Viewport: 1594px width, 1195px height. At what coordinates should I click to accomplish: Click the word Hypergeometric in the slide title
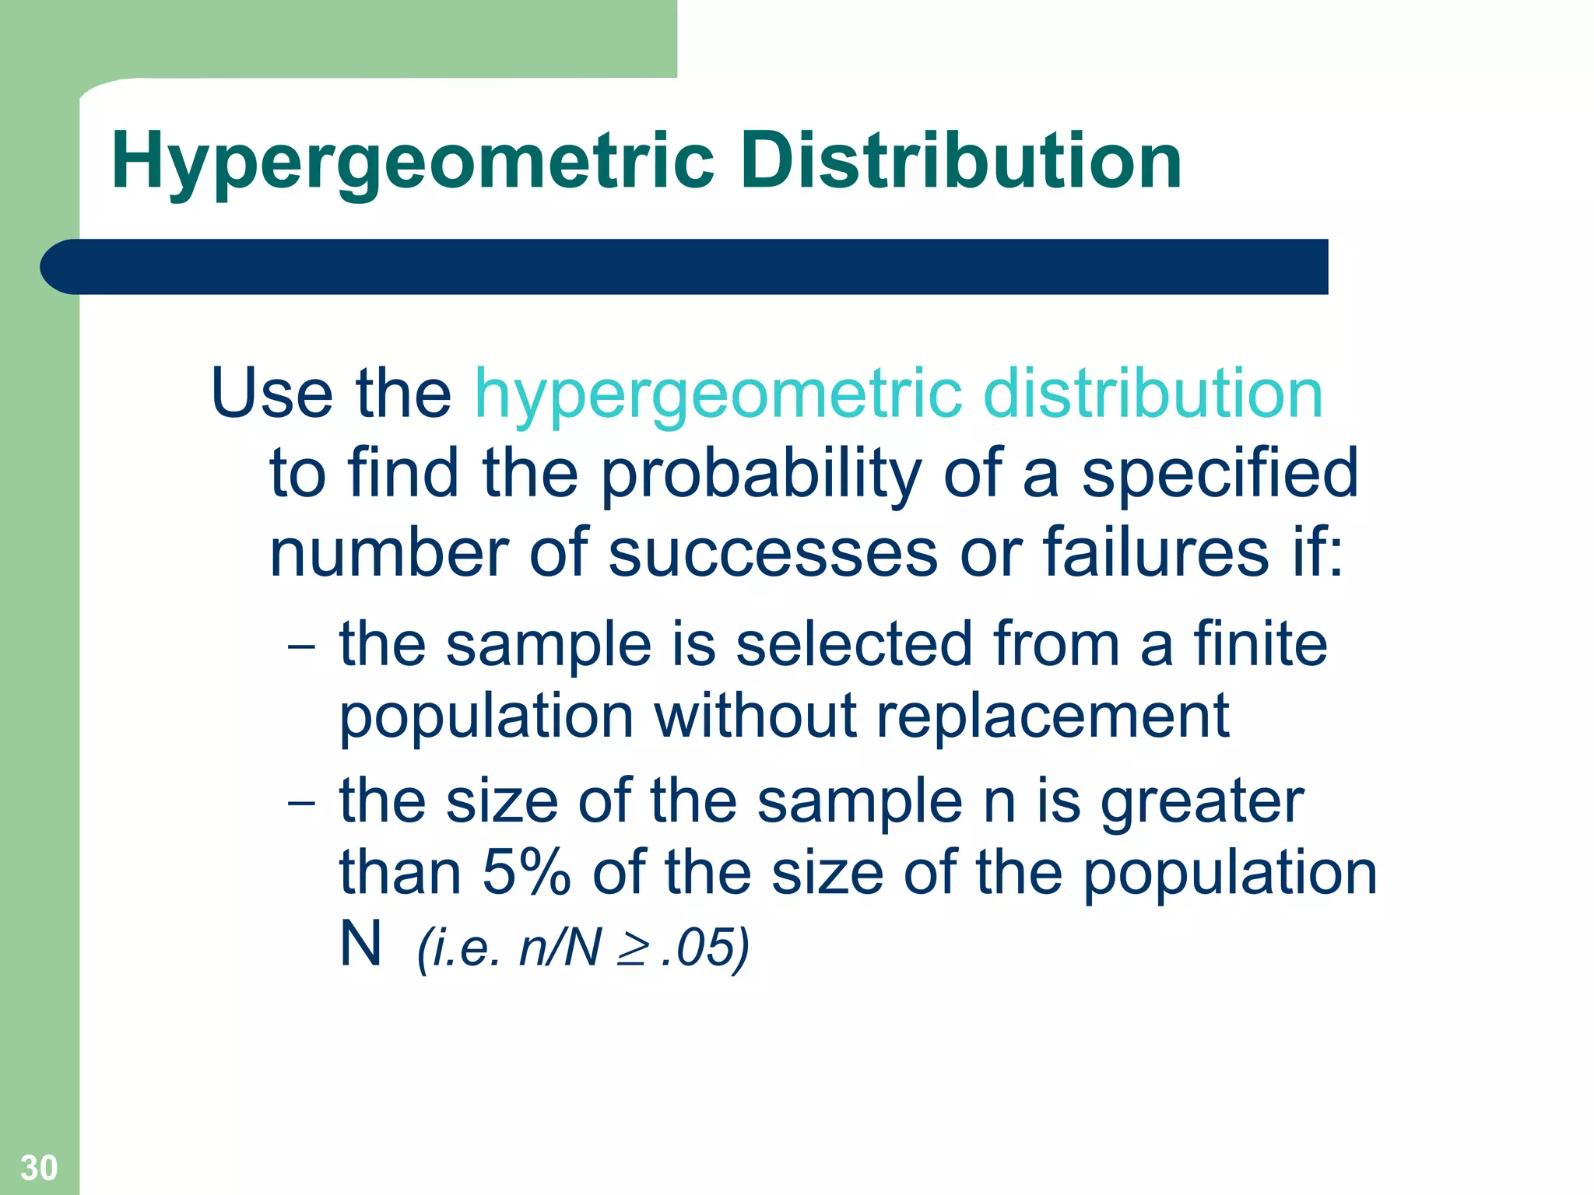pos(413,162)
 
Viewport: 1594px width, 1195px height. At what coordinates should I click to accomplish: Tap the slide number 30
pos(39,1167)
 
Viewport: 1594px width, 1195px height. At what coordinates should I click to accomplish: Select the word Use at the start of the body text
pos(272,393)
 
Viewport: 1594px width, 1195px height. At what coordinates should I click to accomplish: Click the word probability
pos(761,475)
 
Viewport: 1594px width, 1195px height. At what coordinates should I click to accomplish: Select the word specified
pos(1220,475)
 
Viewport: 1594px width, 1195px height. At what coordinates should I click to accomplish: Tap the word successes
pos(773,552)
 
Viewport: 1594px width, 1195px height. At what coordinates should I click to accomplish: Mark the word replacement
pos(1052,716)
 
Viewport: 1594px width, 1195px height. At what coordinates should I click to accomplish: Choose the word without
pos(755,716)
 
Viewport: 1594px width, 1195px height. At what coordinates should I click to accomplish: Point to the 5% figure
pos(526,873)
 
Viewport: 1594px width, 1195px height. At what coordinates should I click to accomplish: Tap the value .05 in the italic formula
pos(697,948)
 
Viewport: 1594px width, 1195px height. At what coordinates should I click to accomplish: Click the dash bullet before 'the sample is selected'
pos(300,647)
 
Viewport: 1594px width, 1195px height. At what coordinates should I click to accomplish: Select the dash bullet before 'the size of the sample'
pos(300,802)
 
